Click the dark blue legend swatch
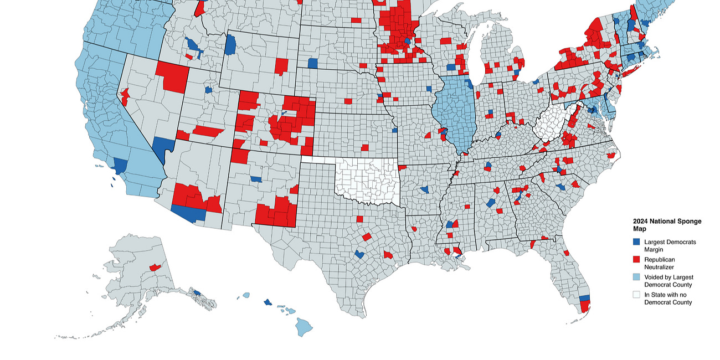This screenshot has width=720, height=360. click(x=637, y=241)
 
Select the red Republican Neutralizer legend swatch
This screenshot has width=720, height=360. click(x=637, y=259)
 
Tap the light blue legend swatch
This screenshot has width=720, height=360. click(x=637, y=277)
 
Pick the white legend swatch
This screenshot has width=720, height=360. click(x=637, y=295)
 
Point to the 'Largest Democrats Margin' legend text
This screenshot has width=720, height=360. click(x=670, y=245)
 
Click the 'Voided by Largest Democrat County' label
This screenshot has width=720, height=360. click(x=668, y=281)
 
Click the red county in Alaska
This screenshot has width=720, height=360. click(x=155, y=268)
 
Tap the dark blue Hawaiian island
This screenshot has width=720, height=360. click(x=268, y=302)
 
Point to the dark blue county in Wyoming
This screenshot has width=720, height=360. click(x=230, y=44)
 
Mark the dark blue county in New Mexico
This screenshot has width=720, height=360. click(x=256, y=179)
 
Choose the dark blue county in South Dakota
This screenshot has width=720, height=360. click(x=313, y=63)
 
